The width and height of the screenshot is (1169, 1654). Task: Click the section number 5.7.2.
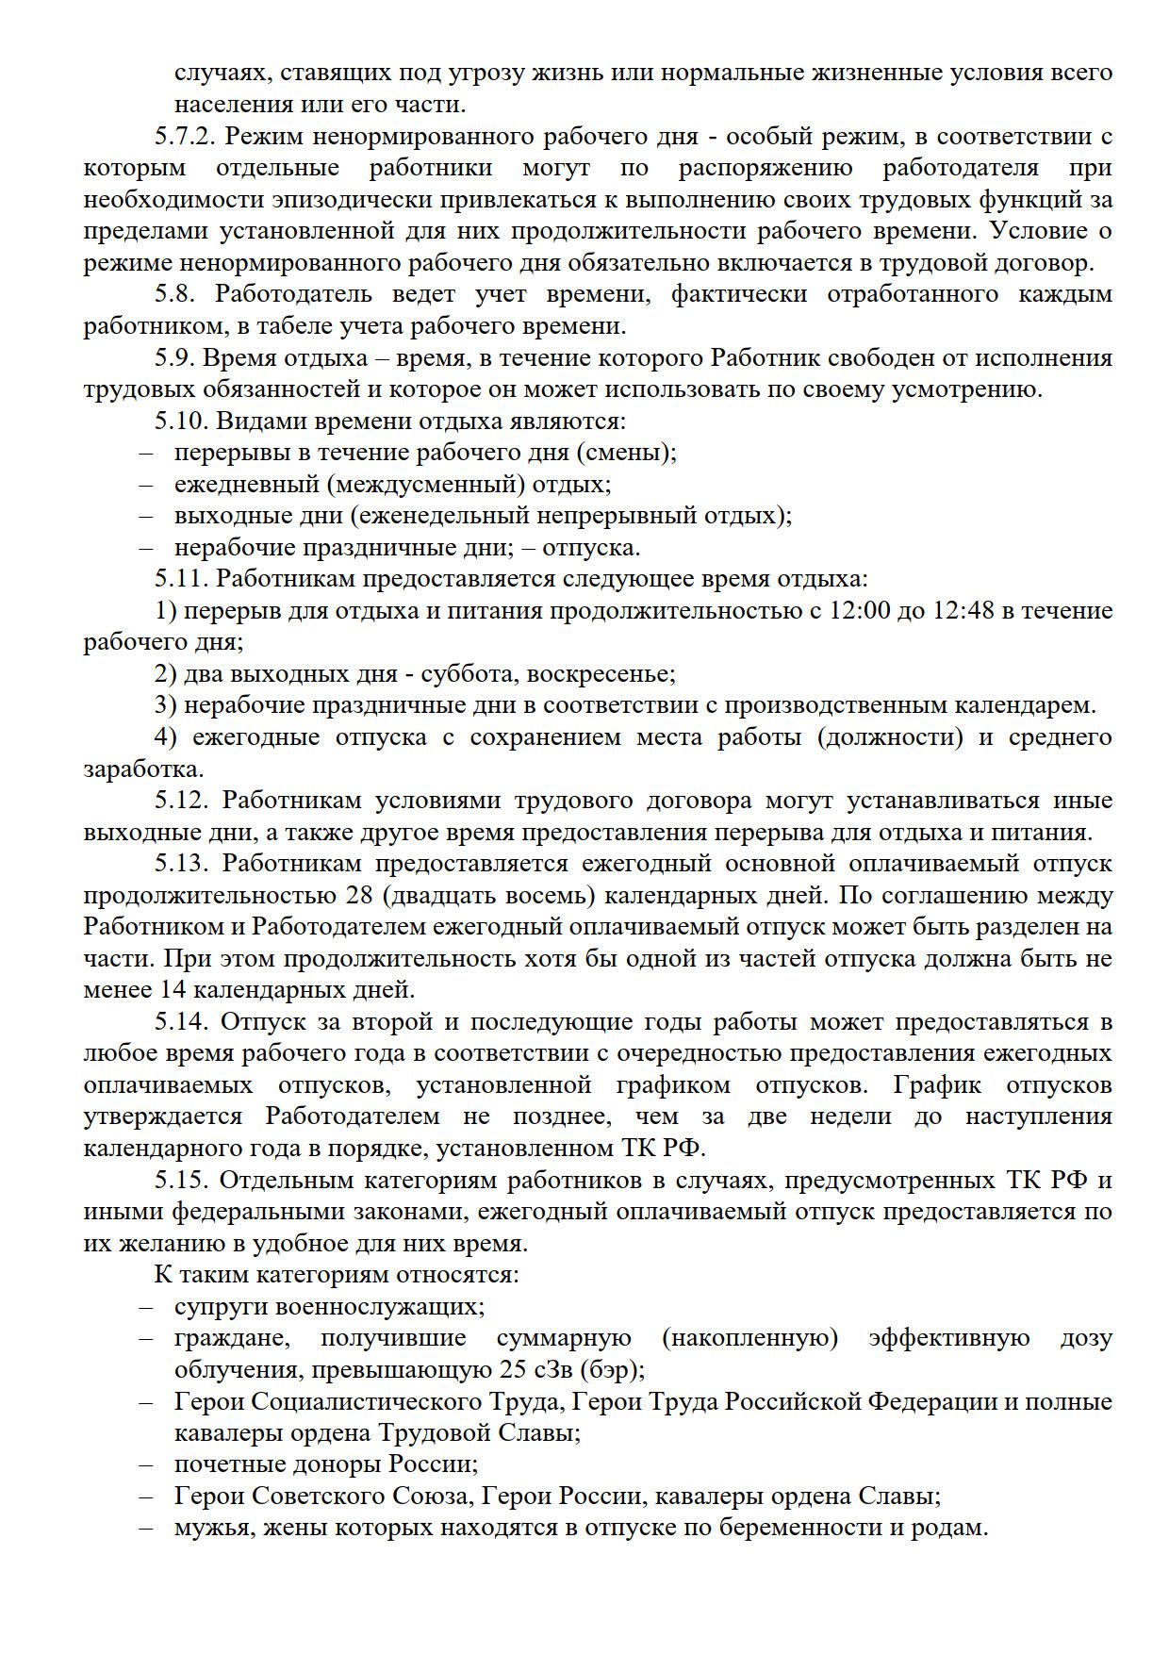(x=187, y=136)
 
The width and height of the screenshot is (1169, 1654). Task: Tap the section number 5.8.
(x=175, y=294)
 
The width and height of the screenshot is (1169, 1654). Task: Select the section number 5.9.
(x=175, y=358)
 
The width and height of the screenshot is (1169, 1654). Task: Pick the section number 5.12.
(x=181, y=801)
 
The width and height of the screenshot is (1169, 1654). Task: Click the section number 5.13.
(x=181, y=864)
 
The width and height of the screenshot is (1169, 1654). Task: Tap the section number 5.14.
(x=181, y=1022)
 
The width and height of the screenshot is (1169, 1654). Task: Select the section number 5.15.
(x=181, y=1181)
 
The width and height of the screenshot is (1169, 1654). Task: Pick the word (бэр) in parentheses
(x=613, y=1370)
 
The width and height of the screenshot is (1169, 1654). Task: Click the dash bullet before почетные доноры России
(x=146, y=1464)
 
